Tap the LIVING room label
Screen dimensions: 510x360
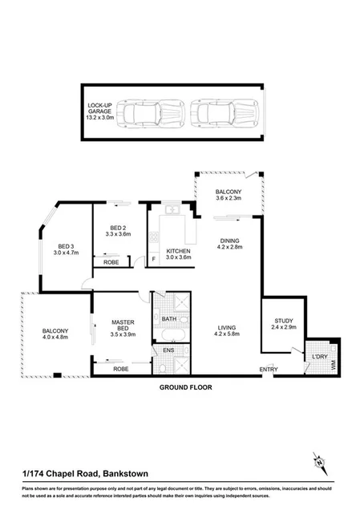[229, 328]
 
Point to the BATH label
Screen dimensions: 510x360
[168, 318]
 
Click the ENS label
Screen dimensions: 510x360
[168, 350]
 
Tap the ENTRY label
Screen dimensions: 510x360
[268, 369]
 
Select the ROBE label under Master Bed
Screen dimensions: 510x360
[121, 368]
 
